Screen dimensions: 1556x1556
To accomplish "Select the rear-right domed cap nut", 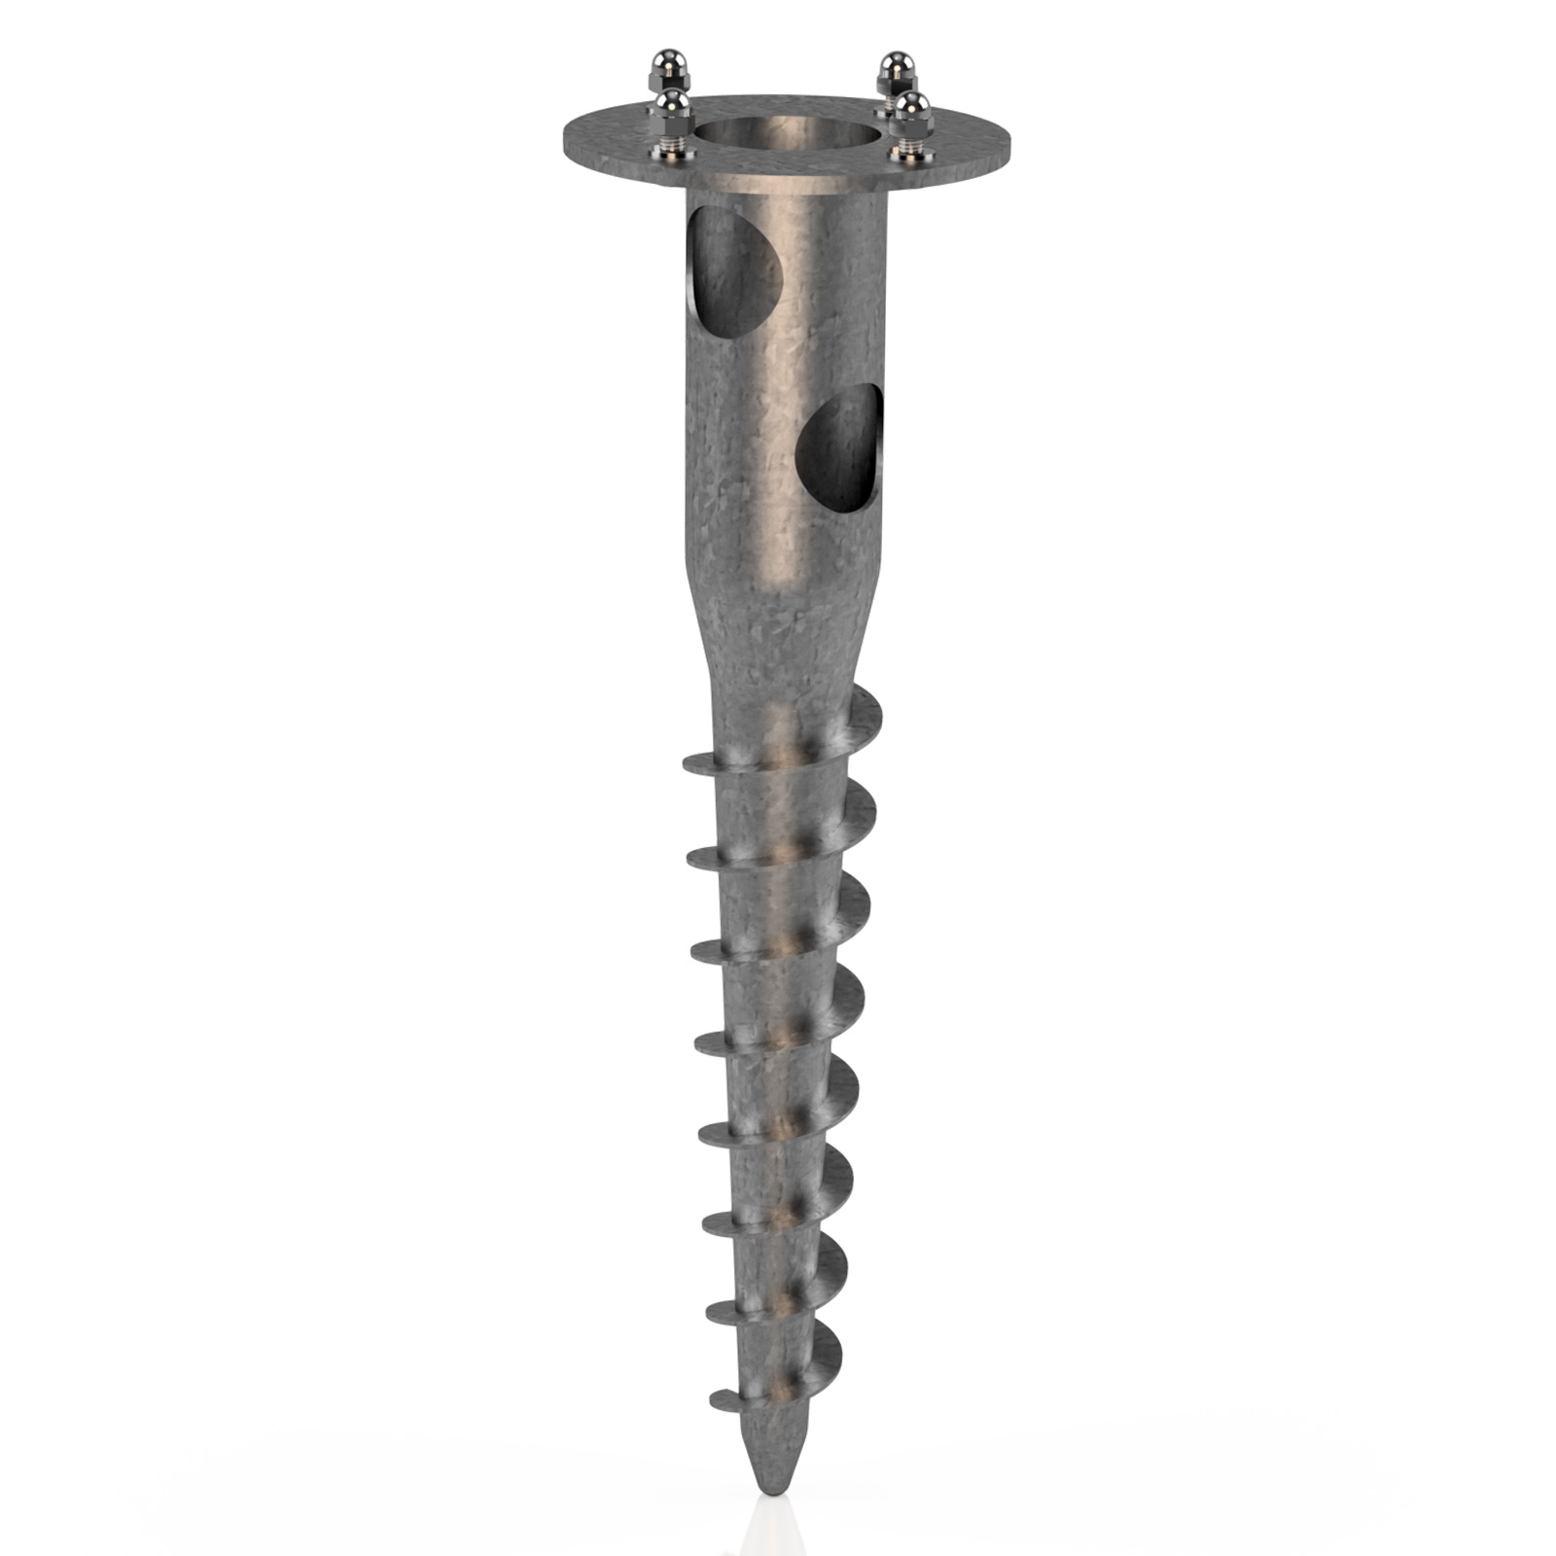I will (x=893, y=68).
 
